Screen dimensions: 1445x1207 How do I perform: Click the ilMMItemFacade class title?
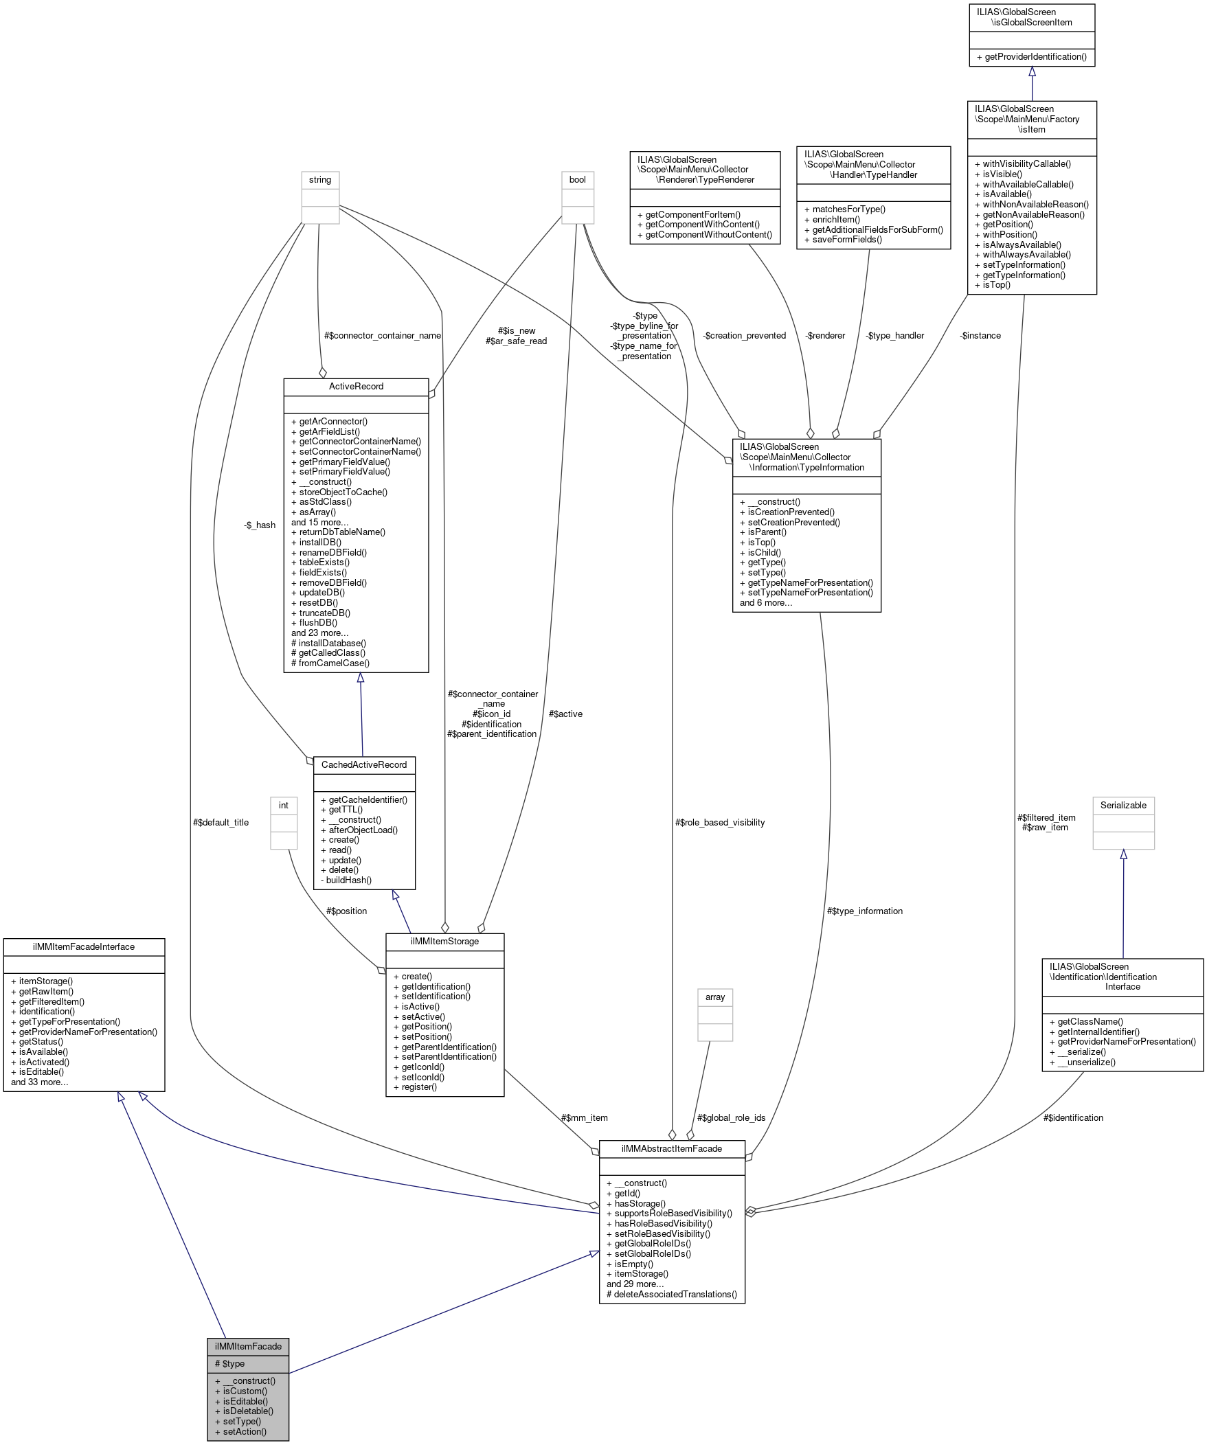pyautogui.click(x=248, y=1346)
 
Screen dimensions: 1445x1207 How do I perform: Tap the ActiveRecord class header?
pyautogui.click(x=356, y=386)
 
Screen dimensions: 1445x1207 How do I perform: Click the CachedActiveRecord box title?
pyautogui.click(x=364, y=764)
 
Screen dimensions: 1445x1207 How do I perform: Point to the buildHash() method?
pyautogui.click(x=349, y=880)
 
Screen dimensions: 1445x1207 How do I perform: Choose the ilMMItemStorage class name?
pyautogui.click(x=444, y=941)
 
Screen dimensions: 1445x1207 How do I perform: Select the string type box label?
pyautogui.click(x=320, y=179)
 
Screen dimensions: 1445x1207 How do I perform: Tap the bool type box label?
pyautogui.click(x=577, y=179)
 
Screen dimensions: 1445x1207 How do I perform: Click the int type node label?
pyautogui.click(x=284, y=805)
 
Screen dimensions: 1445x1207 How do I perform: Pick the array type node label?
pyautogui.click(x=715, y=997)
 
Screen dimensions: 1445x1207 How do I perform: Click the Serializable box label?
pyautogui.click(x=1123, y=805)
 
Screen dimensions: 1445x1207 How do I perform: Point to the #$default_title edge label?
pyautogui.click(x=221, y=822)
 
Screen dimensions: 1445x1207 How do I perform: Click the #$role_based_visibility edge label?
pyautogui.click(x=720, y=822)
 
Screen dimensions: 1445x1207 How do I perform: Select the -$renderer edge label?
pyautogui.click(x=824, y=335)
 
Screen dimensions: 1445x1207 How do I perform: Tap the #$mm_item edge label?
pyautogui.click(x=584, y=1117)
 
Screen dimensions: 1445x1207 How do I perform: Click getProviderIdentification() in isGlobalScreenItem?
pyautogui.click(x=1035, y=56)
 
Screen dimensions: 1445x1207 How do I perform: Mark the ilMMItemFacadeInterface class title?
pyautogui.click(x=84, y=947)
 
